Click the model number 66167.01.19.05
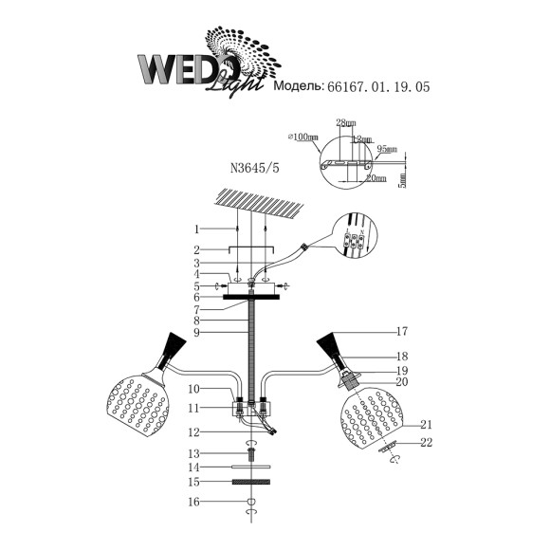pyautogui.click(x=377, y=86)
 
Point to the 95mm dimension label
pyautogui.click(x=386, y=149)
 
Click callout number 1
pyautogui.click(x=196, y=229)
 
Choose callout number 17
pyautogui.click(x=402, y=332)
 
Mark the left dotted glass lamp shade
pyautogui.click(x=141, y=409)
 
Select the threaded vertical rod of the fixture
pyautogui.click(x=253, y=356)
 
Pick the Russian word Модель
pyautogui.click(x=297, y=86)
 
